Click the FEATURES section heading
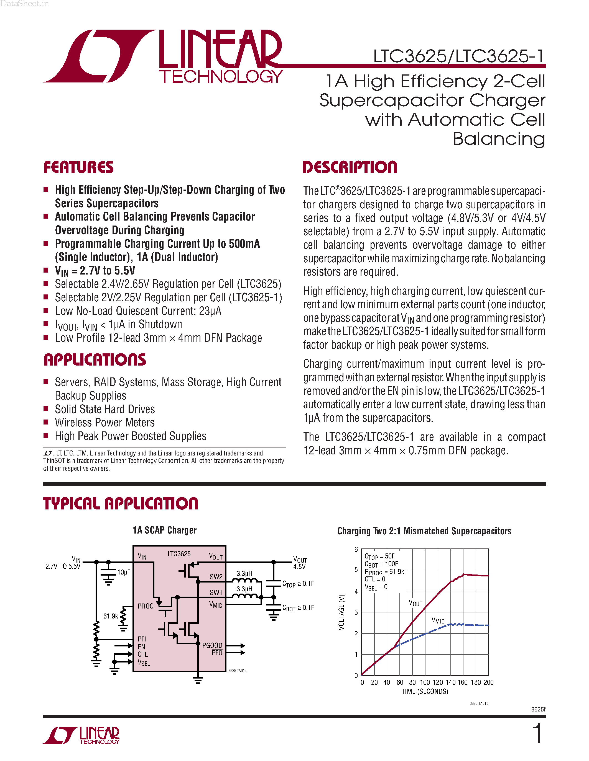[78, 167]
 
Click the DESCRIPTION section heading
[350, 167]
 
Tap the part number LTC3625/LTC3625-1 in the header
[458, 56]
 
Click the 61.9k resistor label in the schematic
[111, 616]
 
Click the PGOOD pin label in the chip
[212, 645]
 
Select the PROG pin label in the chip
[146, 606]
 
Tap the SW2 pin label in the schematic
[216, 577]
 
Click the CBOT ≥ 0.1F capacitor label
[298, 608]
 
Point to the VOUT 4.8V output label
[300, 563]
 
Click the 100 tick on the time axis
[425, 682]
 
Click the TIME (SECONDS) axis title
[425, 691]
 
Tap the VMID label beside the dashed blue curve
[438, 620]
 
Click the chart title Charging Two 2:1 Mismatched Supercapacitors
[424, 531]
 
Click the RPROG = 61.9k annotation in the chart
[384, 572]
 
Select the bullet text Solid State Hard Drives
[105, 409]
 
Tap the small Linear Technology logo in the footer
[81, 735]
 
